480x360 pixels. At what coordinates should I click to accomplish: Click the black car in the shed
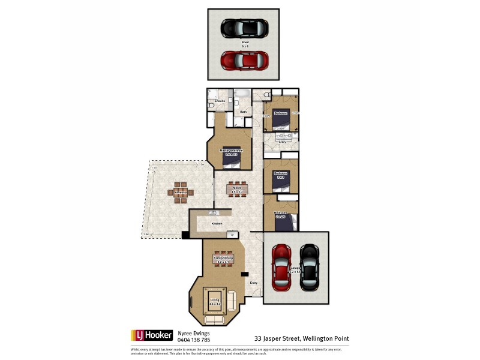click(244, 28)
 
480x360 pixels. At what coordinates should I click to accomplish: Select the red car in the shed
click(244, 60)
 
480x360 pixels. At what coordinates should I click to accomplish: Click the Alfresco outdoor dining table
click(181, 193)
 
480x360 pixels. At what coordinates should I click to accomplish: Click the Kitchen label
click(217, 223)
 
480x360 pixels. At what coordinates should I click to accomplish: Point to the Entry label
click(253, 283)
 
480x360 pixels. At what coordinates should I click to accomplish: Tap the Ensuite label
click(220, 101)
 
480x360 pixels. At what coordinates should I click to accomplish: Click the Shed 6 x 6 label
click(245, 43)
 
